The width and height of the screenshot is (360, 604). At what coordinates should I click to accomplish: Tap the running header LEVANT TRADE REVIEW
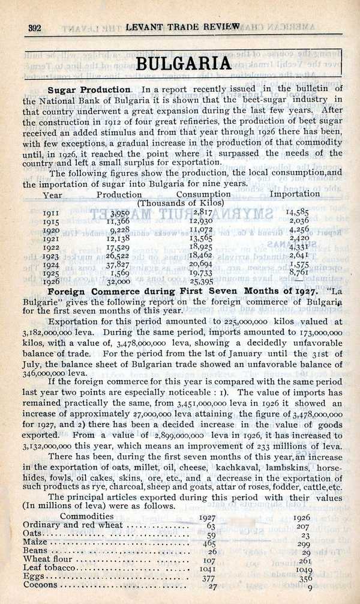tap(183, 27)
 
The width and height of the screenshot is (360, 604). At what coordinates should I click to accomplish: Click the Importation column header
tap(295, 194)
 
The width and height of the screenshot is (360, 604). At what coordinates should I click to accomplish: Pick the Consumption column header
tap(203, 195)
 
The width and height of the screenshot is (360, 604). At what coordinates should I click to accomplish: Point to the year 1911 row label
tap(51, 212)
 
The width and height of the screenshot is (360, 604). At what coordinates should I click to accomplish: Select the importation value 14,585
tap(298, 212)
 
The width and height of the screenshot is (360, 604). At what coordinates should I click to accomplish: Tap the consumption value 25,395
tap(202, 280)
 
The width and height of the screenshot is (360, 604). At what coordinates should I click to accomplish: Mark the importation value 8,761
tap(299, 271)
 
